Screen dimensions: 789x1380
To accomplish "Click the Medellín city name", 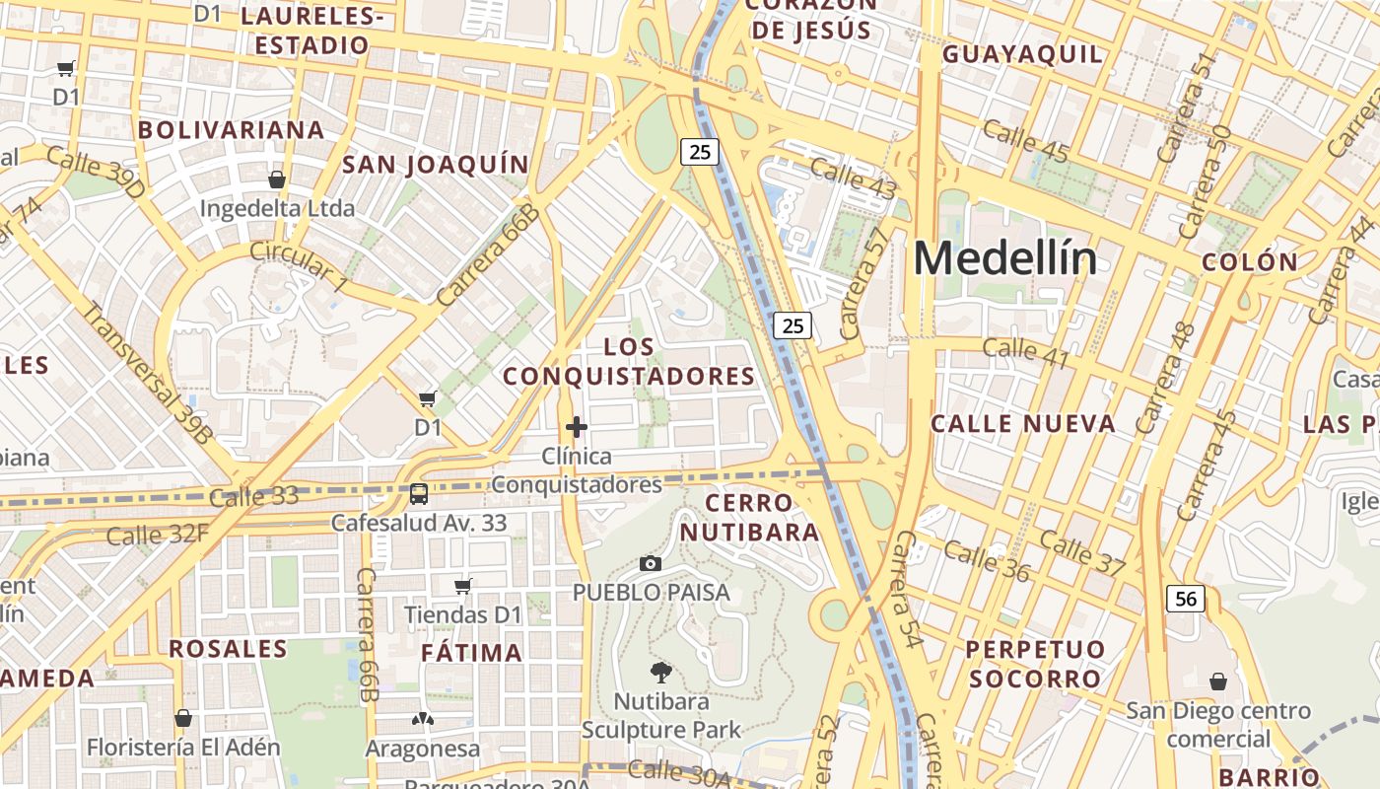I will click(x=1004, y=258).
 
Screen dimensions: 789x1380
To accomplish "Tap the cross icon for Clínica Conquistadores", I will click(x=577, y=427).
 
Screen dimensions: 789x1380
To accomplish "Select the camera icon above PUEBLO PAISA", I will click(x=651, y=563).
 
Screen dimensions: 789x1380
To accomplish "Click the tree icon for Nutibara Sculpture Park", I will click(x=661, y=673).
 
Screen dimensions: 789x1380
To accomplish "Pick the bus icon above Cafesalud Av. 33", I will click(x=419, y=493).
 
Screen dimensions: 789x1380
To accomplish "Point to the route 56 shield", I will click(x=1187, y=598).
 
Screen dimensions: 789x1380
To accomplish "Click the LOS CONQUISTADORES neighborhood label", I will click(x=629, y=362).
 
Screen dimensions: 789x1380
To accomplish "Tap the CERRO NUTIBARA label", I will click(x=762, y=518).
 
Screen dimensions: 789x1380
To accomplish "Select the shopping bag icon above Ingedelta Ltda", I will click(x=277, y=179).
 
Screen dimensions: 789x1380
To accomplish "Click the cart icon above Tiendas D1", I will click(x=463, y=586).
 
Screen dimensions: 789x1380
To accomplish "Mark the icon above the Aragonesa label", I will click(x=423, y=719).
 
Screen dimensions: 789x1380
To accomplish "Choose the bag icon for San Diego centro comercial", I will click(x=1218, y=681).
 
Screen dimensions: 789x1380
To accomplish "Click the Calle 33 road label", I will click(x=254, y=496).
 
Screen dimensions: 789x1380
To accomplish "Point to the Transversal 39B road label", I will click(x=147, y=372).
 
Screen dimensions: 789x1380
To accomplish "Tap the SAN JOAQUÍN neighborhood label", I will click(x=435, y=165).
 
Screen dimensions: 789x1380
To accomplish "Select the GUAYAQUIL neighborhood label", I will click(x=1022, y=54).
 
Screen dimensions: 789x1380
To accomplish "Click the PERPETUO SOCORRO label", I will click(x=1035, y=664).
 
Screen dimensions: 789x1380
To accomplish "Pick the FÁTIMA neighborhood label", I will click(x=471, y=653).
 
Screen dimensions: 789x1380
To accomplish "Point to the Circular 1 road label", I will click(x=299, y=265).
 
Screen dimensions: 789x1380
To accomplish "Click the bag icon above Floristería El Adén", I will click(x=182, y=717).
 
